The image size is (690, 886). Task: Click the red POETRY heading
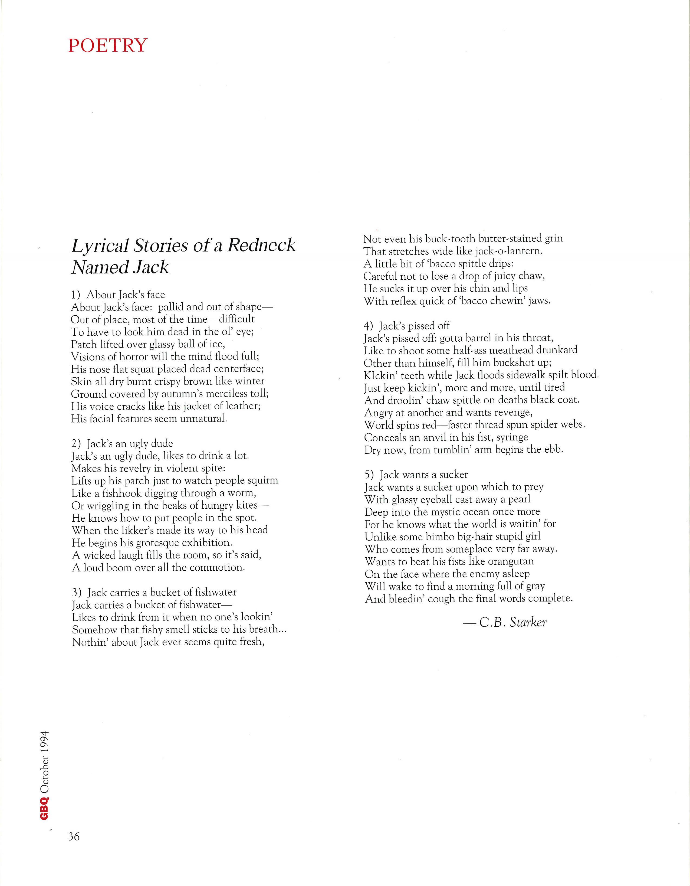(107, 45)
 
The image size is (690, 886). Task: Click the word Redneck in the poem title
(261, 245)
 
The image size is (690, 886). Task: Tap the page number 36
(74, 836)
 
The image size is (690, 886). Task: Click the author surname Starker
(528, 622)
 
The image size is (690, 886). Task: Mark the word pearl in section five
(519, 499)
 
